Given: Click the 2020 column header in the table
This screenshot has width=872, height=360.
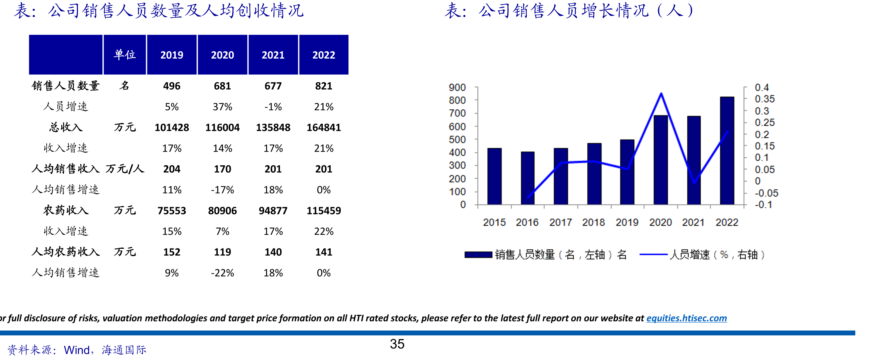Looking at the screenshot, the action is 222,55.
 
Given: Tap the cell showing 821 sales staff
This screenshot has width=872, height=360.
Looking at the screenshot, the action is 323,86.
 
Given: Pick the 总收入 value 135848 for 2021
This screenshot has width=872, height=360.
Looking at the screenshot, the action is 273,127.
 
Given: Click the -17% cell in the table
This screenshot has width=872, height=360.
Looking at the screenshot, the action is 222,190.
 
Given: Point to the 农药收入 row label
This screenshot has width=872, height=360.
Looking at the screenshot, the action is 66,210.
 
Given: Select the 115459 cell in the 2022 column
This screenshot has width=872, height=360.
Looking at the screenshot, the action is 323,211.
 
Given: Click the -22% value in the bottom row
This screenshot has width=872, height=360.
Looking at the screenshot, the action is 222,273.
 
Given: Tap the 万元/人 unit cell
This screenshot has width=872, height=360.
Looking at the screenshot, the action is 125,169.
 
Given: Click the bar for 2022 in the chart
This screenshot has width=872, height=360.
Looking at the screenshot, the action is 727,151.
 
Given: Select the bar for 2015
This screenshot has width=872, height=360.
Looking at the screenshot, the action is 494,177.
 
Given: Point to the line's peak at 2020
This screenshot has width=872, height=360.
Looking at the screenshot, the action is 661,94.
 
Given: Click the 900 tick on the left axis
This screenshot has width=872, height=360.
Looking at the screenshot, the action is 457,87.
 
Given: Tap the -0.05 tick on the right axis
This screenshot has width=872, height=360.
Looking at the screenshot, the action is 766,193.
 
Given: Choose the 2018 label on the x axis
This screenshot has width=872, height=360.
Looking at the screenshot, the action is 593,222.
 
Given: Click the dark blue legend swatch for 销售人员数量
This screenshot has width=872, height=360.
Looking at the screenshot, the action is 478,255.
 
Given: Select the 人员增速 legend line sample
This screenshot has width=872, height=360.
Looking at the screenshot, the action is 653,254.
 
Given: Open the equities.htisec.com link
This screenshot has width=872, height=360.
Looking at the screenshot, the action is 686,318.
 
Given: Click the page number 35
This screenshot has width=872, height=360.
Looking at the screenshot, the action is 397,344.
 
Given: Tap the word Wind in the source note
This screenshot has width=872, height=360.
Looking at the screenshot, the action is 77,350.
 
